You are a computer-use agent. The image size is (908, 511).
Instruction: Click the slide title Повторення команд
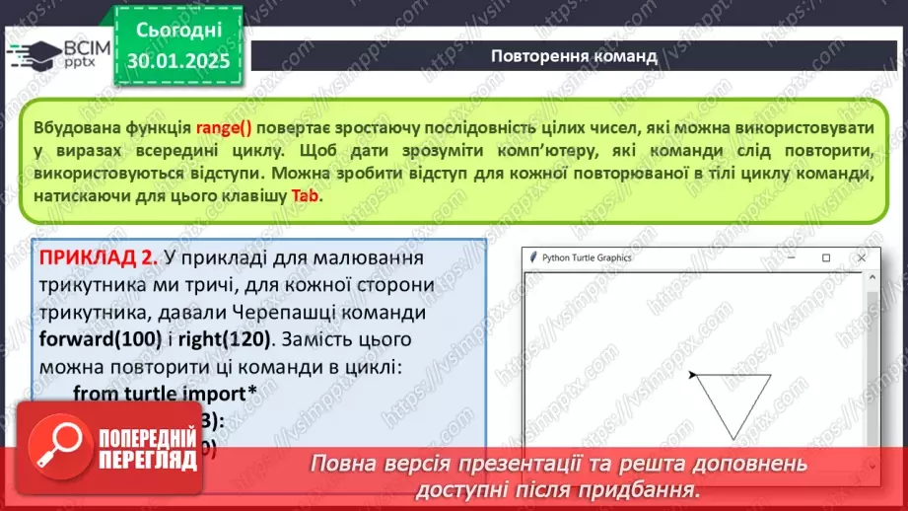(574, 55)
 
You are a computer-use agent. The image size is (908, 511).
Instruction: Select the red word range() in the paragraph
(223, 128)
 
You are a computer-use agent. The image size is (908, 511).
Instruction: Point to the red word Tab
(305, 194)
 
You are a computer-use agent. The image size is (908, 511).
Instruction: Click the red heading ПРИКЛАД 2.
(98, 257)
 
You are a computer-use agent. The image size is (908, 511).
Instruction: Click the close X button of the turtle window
(862, 257)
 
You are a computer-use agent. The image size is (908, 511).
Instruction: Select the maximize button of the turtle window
(826, 257)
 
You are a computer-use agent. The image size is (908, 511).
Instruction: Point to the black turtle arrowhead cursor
(694, 374)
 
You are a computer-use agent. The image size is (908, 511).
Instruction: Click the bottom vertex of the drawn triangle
(732, 439)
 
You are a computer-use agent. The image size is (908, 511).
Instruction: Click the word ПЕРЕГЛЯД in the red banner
(146, 461)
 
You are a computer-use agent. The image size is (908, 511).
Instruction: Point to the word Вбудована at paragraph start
(72, 128)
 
